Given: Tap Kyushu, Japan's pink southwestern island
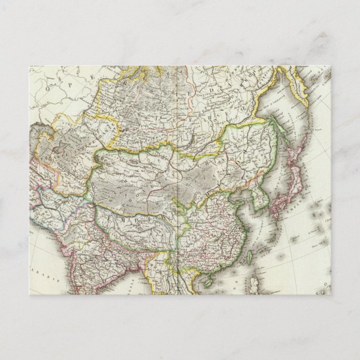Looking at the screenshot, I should coord(274,211).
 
